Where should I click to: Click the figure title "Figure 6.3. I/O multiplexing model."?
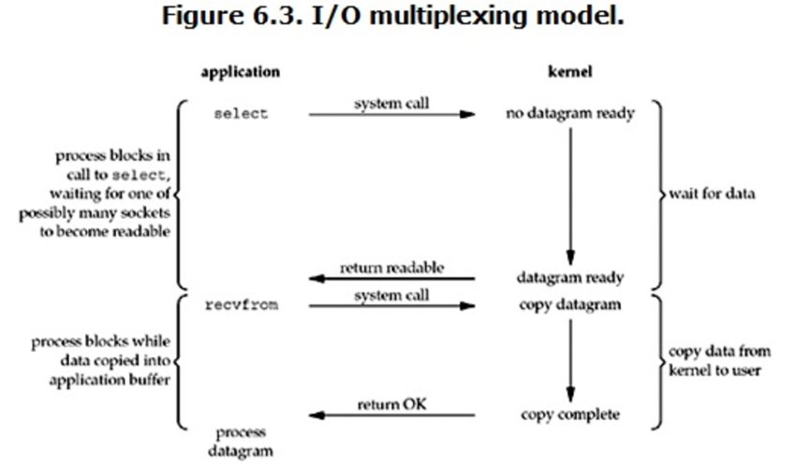pos(392,16)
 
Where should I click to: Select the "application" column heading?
pos(241,72)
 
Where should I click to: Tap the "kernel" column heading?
pos(570,71)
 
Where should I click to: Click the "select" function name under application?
pos(241,113)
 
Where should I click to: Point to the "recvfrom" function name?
pos(242,305)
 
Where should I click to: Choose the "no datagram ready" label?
pos(570,113)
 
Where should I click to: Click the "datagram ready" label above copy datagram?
pos(570,277)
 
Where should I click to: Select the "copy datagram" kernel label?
pos(570,305)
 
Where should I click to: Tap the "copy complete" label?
pos(570,415)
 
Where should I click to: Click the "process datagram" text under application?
pos(241,441)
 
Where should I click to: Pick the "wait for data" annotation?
pos(712,193)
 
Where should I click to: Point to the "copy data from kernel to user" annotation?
pos(719,360)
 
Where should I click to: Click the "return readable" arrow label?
pos(392,267)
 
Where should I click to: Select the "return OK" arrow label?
pos(392,404)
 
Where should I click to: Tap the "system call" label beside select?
pos(391,104)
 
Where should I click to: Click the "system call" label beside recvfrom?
pos(391,295)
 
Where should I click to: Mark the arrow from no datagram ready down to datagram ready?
pos(570,197)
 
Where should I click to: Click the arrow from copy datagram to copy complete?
pos(570,360)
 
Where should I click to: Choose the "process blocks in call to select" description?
pos(95,193)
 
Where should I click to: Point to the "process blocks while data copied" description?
pos(100,360)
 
